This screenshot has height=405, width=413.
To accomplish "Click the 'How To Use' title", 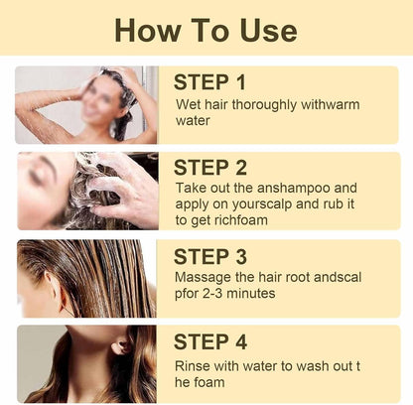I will click(206, 29).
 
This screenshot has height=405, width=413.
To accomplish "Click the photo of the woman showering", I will click(85, 104).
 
